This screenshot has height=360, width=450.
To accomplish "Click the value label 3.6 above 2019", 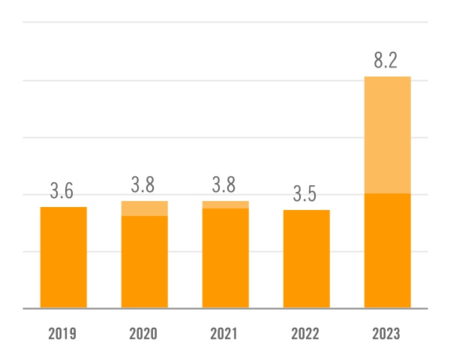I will (x=62, y=191).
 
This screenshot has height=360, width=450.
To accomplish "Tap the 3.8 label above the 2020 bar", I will (x=144, y=185).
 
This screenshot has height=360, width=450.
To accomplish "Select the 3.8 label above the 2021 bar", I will (x=225, y=185).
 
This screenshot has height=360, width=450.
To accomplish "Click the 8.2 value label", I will (x=386, y=61).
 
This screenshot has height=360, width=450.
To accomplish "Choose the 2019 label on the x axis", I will (x=63, y=334).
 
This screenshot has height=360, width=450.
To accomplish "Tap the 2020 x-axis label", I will (x=144, y=334).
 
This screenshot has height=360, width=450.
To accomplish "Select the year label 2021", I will (x=225, y=334).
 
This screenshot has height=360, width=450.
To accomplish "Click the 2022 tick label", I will (x=306, y=334).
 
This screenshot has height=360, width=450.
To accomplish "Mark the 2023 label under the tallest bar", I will (x=387, y=334).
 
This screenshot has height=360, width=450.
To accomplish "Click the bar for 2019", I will (x=63, y=257).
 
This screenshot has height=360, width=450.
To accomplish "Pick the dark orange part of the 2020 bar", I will (x=144, y=262).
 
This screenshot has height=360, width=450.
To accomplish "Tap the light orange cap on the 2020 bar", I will (x=144, y=208).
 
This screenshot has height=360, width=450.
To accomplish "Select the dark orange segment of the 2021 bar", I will (x=225, y=258).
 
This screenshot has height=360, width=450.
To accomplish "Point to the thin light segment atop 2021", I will (x=225, y=205).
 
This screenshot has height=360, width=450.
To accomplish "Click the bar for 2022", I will (x=306, y=259).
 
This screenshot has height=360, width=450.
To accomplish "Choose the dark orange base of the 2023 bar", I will (x=387, y=250).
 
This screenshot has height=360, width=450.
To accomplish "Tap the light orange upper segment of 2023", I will (x=387, y=135).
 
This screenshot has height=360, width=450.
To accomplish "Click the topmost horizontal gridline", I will (x=225, y=22).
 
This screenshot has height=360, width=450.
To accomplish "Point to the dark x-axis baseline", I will (x=225, y=308).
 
